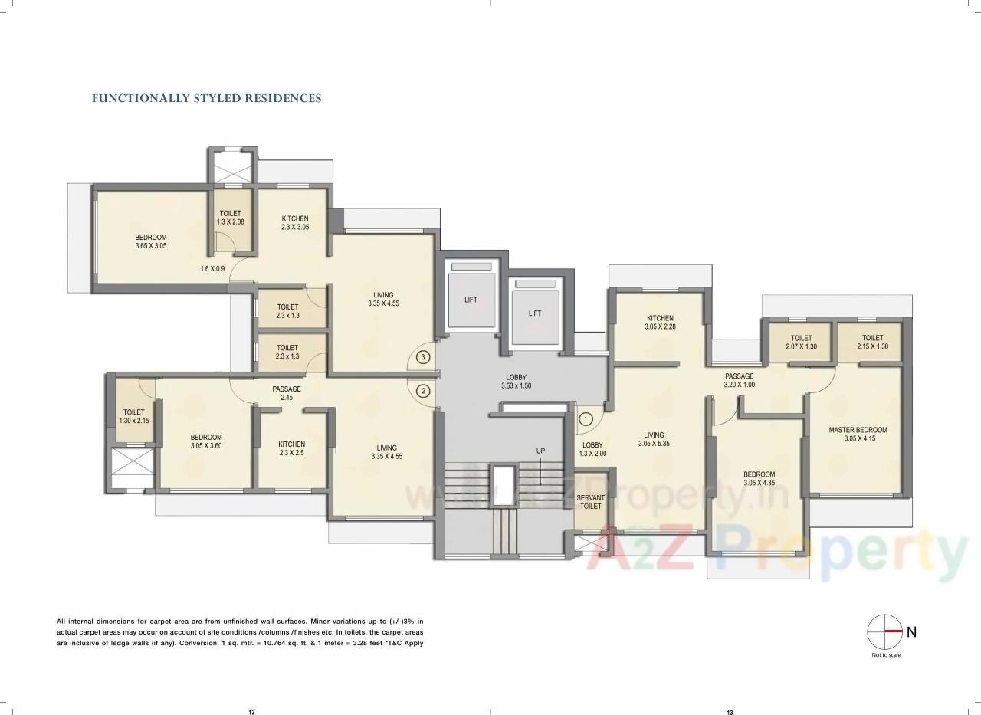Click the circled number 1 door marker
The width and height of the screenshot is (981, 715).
[x=586, y=419]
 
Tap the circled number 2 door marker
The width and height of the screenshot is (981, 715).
[x=422, y=391]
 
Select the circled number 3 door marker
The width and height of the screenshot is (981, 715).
[x=422, y=356]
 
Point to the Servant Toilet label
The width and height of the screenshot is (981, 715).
[x=590, y=502]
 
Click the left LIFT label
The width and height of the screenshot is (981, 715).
[x=471, y=300]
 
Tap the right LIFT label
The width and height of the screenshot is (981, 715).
[x=535, y=313]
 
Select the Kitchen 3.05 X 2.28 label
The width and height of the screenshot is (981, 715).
[x=660, y=323]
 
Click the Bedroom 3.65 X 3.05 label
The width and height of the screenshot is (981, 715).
[x=151, y=241]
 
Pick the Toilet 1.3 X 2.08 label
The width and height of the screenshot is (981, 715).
[x=230, y=218]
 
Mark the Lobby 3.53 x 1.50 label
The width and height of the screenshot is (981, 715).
[x=516, y=381]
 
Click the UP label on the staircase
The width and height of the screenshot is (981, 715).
[x=540, y=451]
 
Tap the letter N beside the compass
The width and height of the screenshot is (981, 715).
[x=911, y=632]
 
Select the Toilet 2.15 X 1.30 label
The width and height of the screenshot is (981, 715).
[x=872, y=342]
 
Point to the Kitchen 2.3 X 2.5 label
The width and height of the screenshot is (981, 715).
[x=291, y=448]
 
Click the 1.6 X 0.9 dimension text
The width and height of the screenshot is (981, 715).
[x=212, y=269]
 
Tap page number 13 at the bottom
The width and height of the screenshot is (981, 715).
[x=730, y=713]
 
